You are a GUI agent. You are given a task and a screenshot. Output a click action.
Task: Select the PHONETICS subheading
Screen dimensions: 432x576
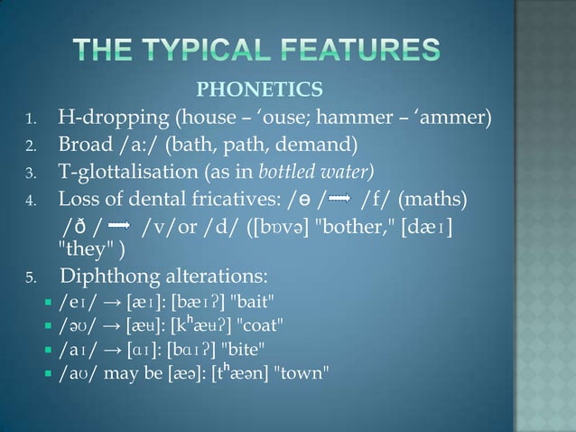click(259, 89)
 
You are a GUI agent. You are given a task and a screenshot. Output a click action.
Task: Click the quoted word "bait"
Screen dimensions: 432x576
click(250, 299)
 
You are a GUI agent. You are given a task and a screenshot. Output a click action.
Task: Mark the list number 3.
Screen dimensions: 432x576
click(30, 173)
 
